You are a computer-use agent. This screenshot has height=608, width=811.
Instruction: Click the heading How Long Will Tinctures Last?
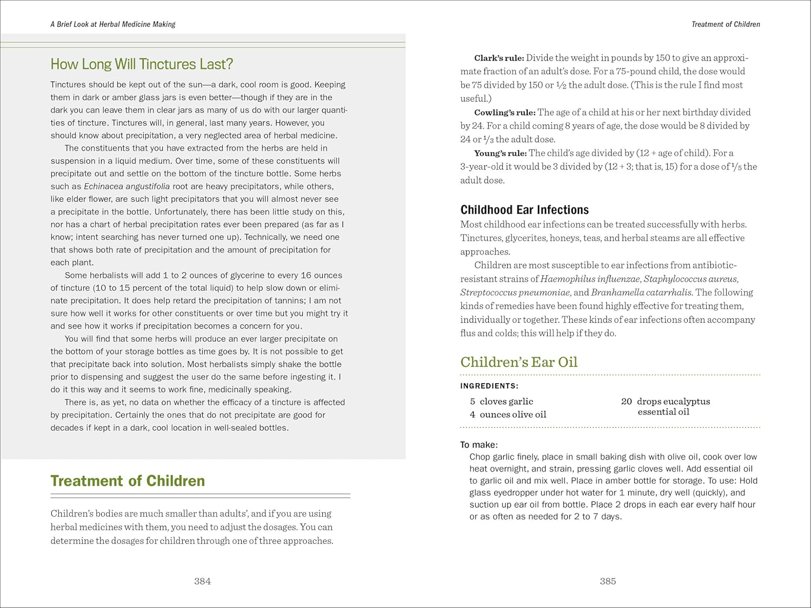pyautogui.click(x=142, y=64)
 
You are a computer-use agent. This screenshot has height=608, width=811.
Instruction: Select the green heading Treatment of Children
pyautogui.click(x=128, y=481)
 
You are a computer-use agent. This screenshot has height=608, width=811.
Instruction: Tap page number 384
pyautogui.click(x=202, y=582)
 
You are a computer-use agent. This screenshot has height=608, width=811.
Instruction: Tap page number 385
pyautogui.click(x=608, y=582)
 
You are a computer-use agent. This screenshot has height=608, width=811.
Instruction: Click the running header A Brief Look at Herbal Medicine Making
pyautogui.click(x=113, y=24)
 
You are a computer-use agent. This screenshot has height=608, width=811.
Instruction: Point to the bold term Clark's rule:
pyautogui.click(x=499, y=58)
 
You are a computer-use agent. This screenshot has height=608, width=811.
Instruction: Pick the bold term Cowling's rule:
pyautogui.click(x=504, y=112)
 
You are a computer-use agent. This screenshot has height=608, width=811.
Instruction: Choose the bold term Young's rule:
pyautogui.click(x=500, y=153)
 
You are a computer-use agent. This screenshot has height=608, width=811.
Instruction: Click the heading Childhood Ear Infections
pyautogui.click(x=524, y=210)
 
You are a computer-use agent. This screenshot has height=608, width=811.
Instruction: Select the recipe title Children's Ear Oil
pyautogui.click(x=518, y=362)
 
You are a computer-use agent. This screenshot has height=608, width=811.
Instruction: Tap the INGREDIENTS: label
pyautogui.click(x=489, y=386)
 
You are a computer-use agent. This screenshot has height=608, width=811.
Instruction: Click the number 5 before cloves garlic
pyautogui.click(x=473, y=402)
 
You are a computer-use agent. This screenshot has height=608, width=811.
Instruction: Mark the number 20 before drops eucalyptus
pyautogui.click(x=626, y=402)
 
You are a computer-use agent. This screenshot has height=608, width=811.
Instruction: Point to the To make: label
pyautogui.click(x=478, y=445)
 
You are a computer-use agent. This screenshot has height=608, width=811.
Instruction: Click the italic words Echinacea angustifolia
pyautogui.click(x=127, y=186)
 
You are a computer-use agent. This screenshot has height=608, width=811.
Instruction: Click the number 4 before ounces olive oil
pyautogui.click(x=473, y=415)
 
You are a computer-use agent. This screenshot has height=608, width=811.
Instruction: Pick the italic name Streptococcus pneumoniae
pyautogui.click(x=515, y=292)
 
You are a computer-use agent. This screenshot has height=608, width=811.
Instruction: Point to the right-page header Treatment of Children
pyautogui.click(x=726, y=24)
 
